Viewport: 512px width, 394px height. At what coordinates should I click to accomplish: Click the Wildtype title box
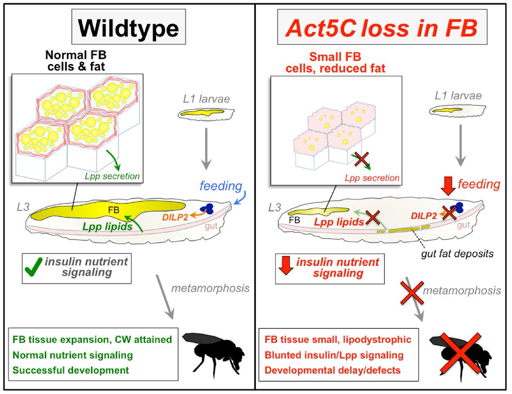pos(128,28)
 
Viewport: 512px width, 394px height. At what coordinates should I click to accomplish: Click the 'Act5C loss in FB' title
pos(382,28)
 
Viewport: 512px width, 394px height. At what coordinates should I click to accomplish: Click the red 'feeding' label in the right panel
pos(479,184)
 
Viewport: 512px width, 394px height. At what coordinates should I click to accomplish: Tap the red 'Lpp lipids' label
pos(339,221)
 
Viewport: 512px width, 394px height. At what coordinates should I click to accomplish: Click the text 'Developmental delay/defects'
pos(332,370)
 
